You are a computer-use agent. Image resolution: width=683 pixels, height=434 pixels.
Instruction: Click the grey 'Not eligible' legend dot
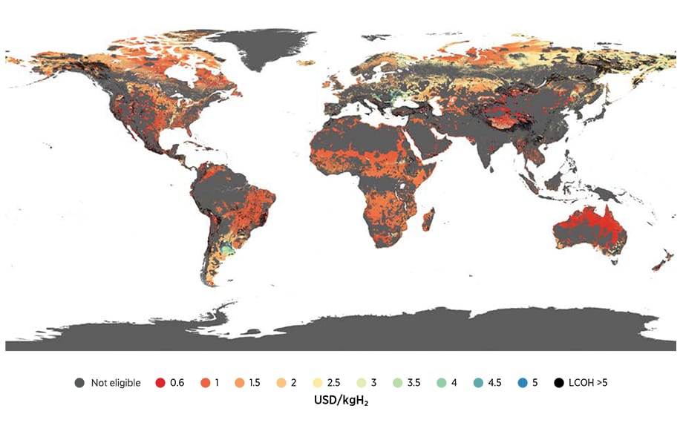coord(79,383)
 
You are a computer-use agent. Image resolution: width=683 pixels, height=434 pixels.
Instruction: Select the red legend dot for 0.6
coord(160,383)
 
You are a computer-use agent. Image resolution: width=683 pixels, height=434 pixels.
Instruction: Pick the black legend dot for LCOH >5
coord(558,383)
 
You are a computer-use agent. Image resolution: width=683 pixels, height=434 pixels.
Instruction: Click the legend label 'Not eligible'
coord(116,383)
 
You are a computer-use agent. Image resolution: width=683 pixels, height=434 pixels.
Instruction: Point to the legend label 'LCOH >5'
coord(588,383)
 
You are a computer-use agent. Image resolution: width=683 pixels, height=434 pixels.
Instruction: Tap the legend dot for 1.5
coord(239,383)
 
